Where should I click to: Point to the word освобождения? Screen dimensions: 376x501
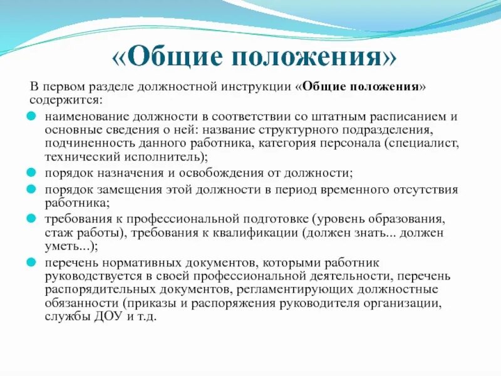pyautogui.click(x=214, y=172)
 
